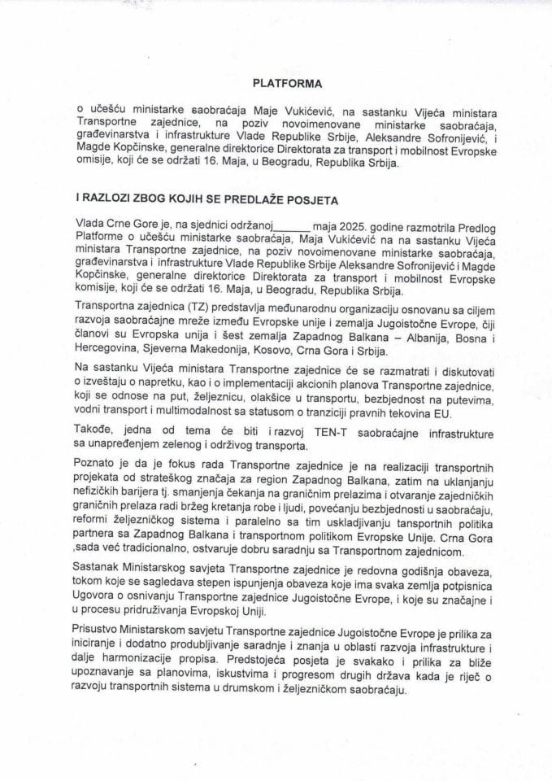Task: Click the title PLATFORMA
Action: (x=286, y=82)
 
